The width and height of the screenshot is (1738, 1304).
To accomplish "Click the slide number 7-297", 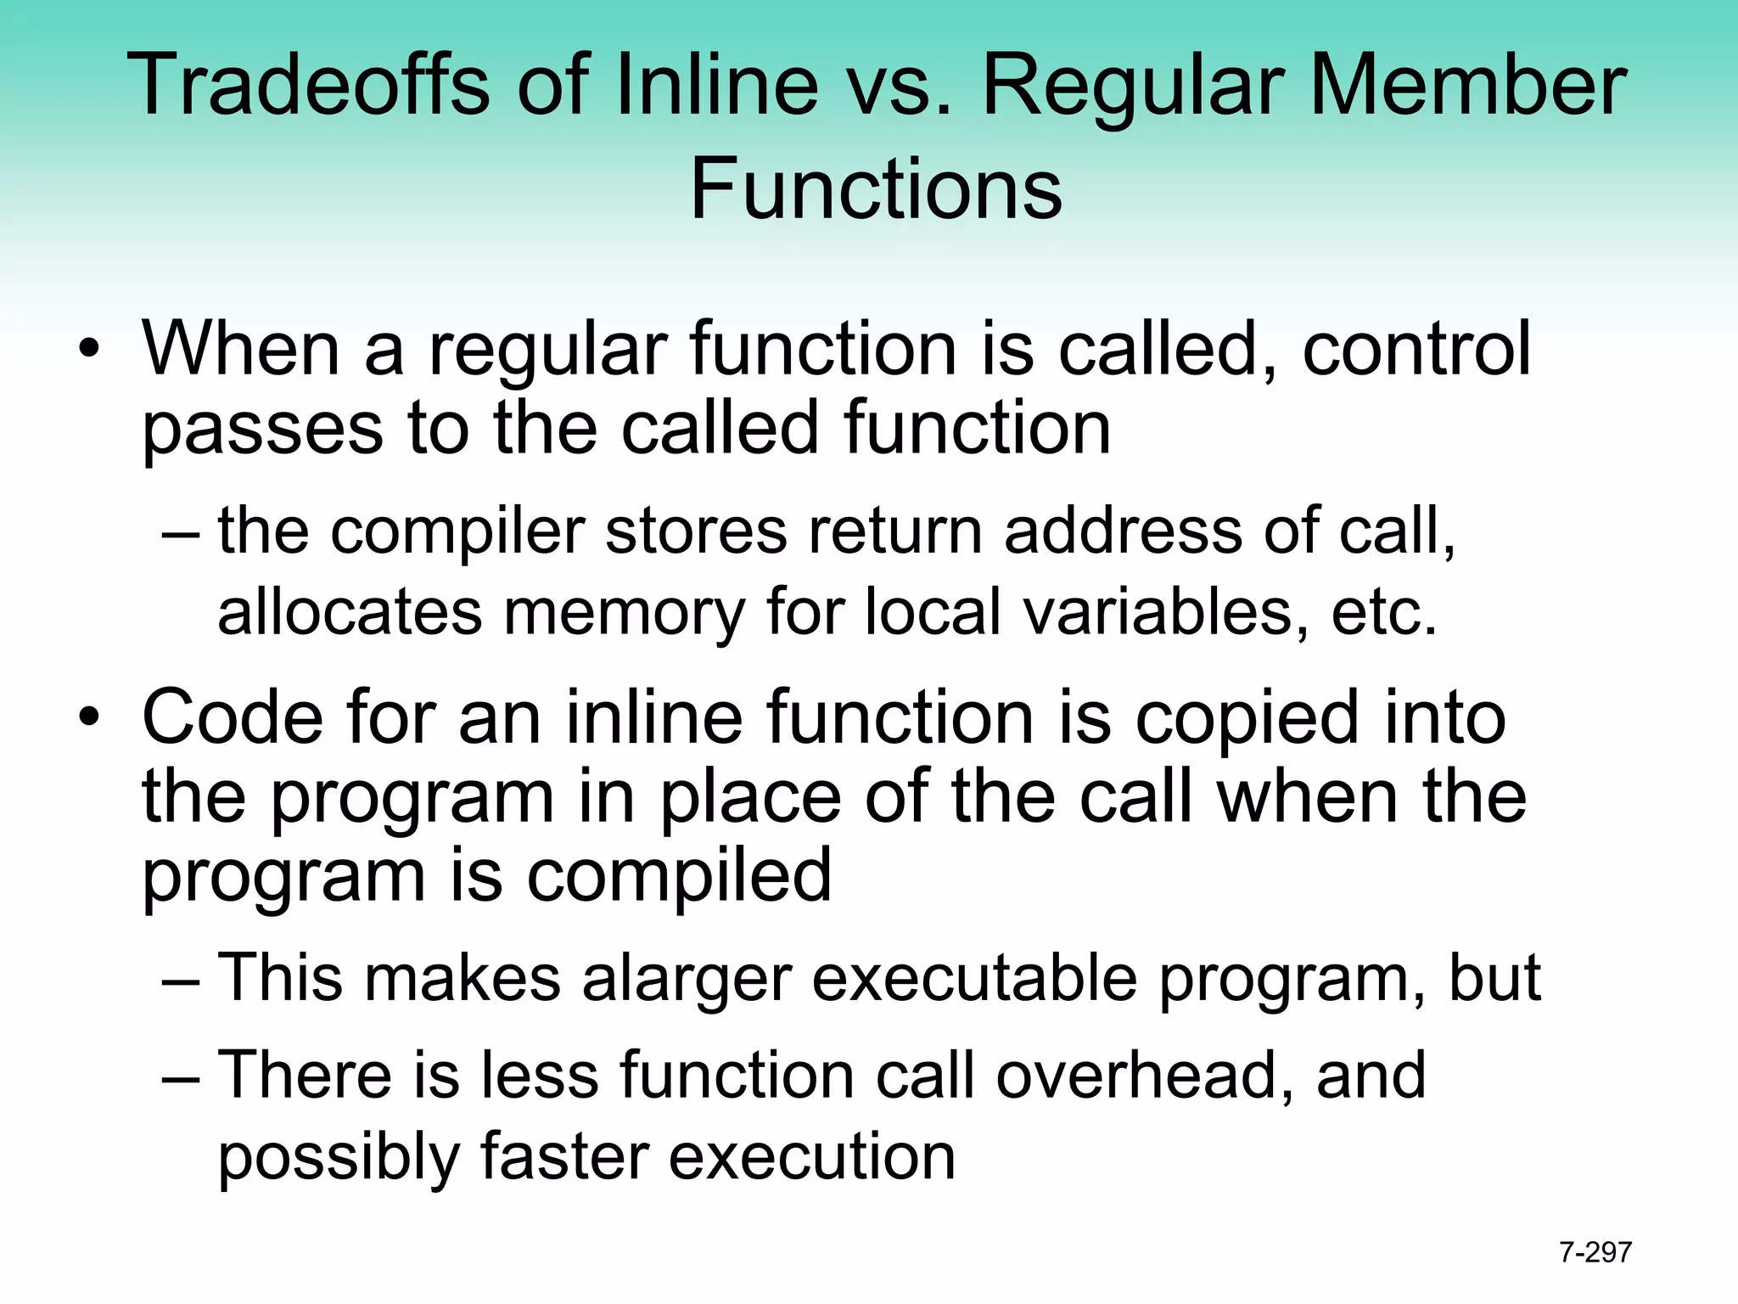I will pos(1595,1252).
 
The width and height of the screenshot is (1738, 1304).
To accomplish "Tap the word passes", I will pos(262,429).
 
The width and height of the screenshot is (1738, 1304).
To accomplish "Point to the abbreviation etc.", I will pos(1384,613).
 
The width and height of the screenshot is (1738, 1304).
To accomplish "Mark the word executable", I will pos(974,977).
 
